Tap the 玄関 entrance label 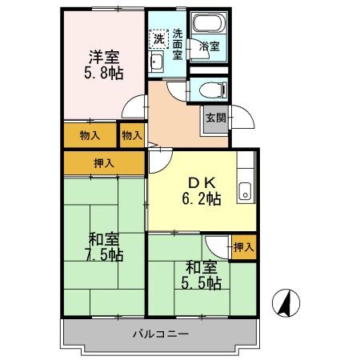coord(215,117)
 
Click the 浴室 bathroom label coord(210,47)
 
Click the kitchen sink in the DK coord(246,190)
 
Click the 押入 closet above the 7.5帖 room coord(105,163)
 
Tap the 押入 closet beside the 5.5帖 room coord(243,247)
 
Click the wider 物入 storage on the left coord(90,135)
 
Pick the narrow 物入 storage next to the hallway coord(131,135)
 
